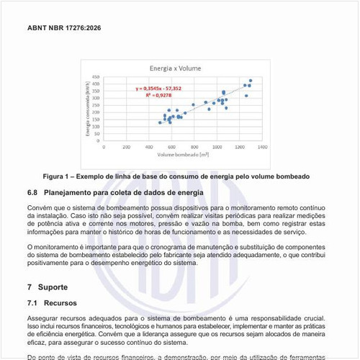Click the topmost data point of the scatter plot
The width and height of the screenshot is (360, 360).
click(251, 81)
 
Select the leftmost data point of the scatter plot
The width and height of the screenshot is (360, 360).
click(160, 122)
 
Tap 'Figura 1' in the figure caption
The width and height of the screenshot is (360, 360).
click(60, 176)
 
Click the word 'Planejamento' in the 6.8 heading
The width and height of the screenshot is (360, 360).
click(70, 193)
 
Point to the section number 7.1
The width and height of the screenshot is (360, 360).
click(33, 303)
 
